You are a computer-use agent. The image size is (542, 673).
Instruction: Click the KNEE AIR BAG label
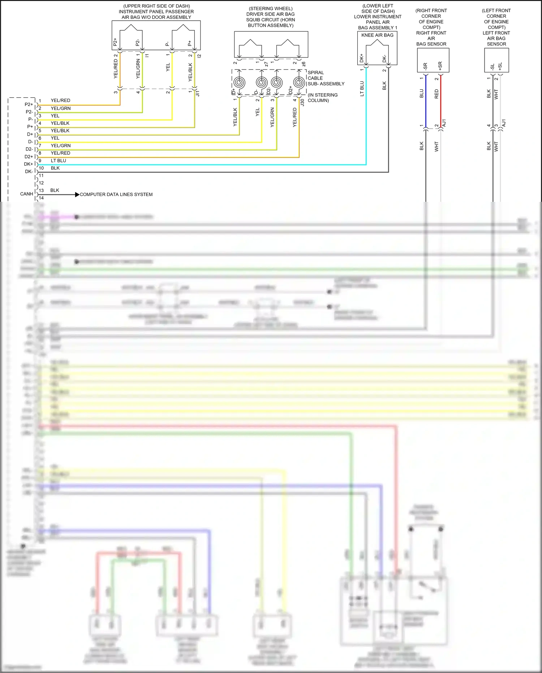point(377,35)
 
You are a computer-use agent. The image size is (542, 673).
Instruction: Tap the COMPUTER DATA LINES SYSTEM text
point(116,195)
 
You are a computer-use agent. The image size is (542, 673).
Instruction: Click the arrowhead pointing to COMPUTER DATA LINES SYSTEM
point(77,195)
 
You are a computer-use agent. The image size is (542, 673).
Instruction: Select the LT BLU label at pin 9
point(58,161)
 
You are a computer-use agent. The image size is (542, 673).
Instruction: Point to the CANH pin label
point(26,194)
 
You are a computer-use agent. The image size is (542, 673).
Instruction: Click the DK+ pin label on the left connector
point(28,164)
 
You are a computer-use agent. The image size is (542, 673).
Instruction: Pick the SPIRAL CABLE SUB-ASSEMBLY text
point(326,78)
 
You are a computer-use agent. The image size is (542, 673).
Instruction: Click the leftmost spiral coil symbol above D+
point(239,82)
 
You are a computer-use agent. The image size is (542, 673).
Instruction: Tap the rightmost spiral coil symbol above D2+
point(298,82)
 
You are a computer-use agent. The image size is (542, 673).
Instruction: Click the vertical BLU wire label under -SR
point(421,94)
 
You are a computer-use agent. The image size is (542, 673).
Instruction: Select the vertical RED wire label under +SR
point(436,94)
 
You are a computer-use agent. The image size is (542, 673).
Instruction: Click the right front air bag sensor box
point(433,60)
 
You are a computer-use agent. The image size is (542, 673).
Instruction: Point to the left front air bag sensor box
point(496,60)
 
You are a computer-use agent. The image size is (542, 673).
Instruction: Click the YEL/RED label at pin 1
point(60,101)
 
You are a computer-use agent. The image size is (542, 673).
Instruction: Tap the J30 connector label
point(302,102)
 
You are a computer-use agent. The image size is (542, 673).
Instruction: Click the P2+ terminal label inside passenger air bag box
point(115,42)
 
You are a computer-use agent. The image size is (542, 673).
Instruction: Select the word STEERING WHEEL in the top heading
point(271,9)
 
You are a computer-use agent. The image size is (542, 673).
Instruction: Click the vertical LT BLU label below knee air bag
point(362,89)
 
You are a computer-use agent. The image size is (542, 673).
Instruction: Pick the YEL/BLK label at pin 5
point(60,131)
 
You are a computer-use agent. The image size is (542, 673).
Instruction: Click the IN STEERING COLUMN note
point(322,98)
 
